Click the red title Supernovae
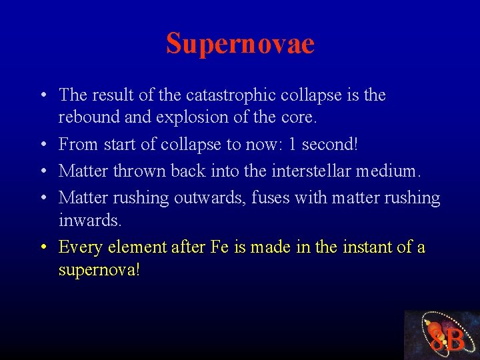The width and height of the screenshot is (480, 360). [240, 44]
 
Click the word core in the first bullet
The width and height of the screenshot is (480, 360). [297, 118]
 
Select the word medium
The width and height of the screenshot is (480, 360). [389, 171]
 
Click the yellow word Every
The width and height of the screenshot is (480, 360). [81, 247]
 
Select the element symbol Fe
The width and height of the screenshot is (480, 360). [219, 247]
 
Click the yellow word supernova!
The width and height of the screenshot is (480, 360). [99, 270]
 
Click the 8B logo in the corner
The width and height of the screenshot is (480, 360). [442, 335]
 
